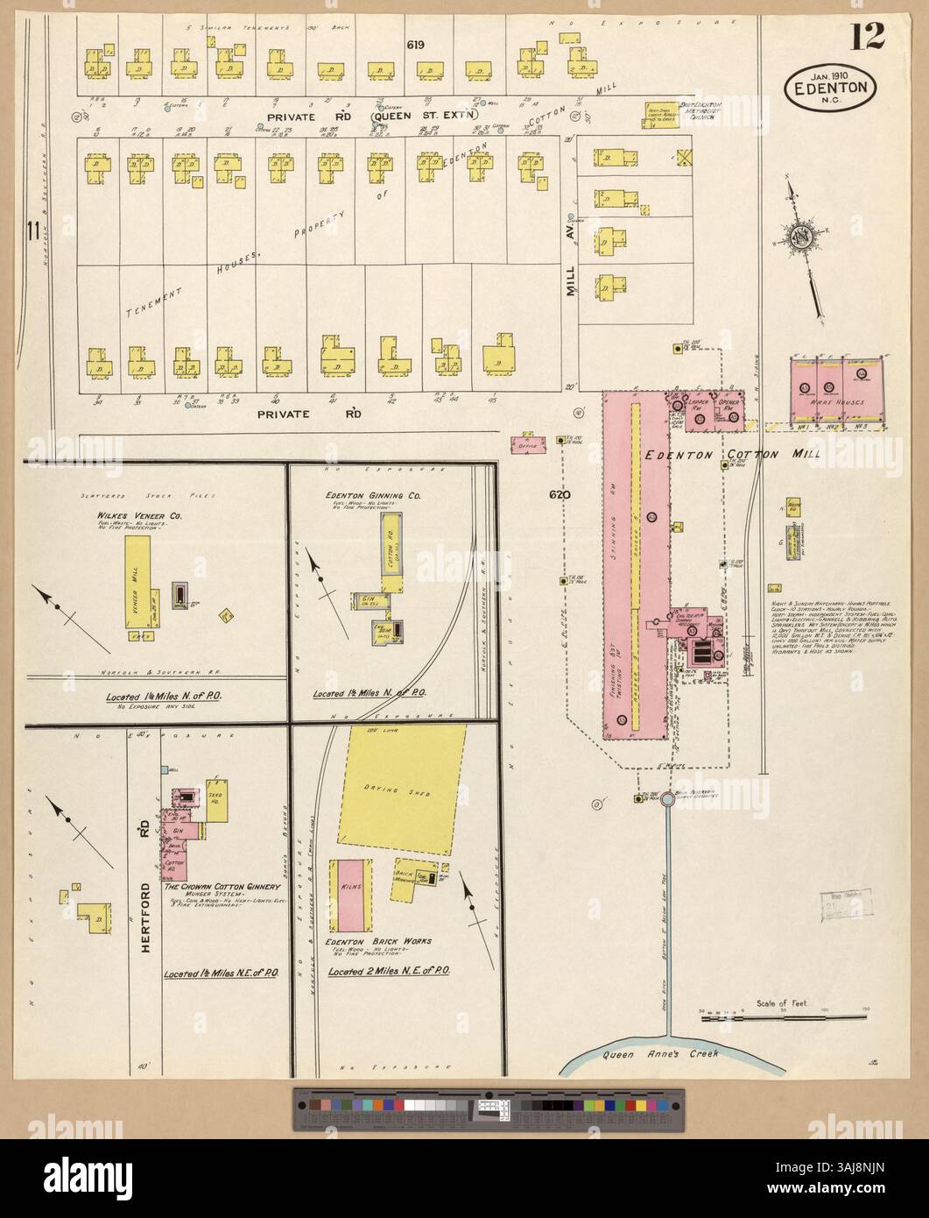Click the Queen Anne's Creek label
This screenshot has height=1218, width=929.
click(x=662, y=1054)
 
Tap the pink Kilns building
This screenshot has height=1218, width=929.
click(x=344, y=895)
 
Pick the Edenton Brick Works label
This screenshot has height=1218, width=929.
click(x=372, y=943)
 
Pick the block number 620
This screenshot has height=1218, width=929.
click(x=560, y=495)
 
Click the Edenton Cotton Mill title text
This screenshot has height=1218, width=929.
click(x=723, y=455)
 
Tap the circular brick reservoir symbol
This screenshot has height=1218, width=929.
click(x=666, y=799)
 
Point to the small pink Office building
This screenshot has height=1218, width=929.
click(x=525, y=444)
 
